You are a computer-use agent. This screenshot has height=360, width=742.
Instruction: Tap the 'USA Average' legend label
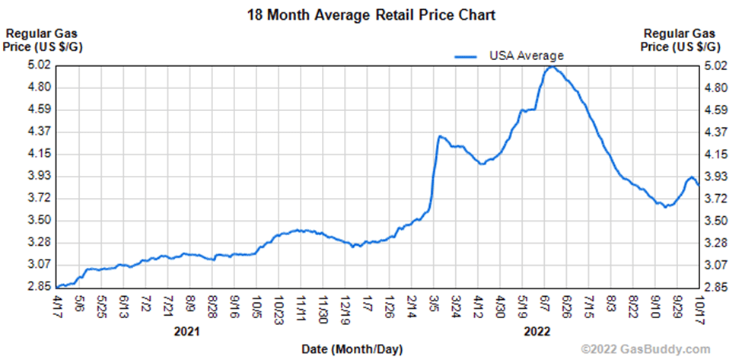[x=526, y=55]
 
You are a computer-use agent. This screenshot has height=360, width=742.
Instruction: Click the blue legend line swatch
[x=467, y=56]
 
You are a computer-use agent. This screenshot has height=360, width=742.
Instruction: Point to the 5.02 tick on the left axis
[x=39, y=65]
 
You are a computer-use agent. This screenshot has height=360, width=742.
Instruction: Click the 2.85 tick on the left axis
[x=39, y=287]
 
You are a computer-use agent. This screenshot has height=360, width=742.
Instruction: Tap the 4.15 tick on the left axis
[x=39, y=154]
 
